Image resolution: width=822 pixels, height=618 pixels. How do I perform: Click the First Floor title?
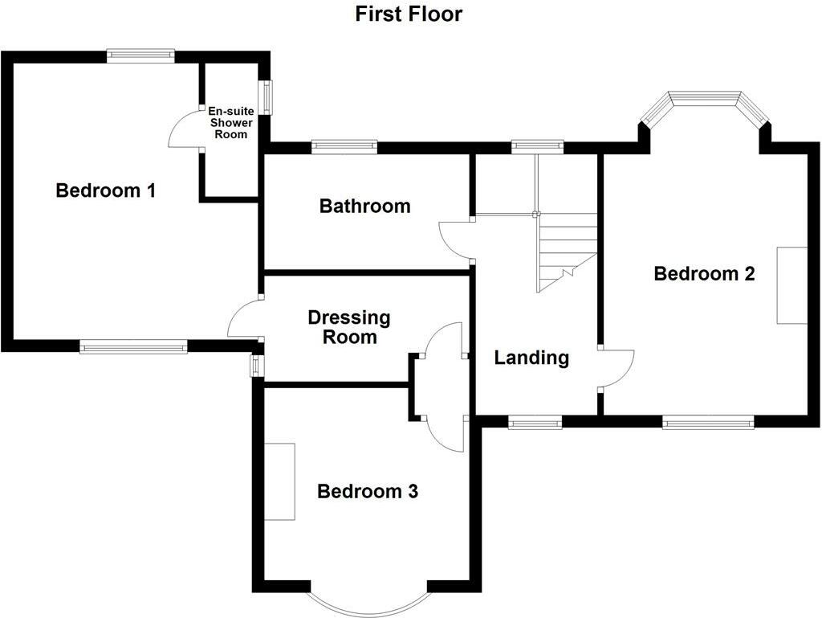point(409,14)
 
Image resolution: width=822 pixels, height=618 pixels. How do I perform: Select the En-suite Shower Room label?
point(231,123)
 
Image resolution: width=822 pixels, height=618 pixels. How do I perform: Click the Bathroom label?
point(364,206)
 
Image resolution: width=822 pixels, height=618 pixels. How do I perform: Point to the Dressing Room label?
point(349,327)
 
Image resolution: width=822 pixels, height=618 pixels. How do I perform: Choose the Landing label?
point(531,358)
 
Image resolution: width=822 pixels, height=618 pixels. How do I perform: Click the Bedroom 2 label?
point(704,273)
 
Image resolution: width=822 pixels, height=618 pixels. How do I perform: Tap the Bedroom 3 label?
point(368,491)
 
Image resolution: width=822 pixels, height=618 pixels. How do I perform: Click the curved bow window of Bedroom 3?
point(369,604)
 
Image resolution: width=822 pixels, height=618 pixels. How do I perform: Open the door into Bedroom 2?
point(616,369)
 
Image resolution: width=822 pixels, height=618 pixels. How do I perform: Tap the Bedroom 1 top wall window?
point(141,55)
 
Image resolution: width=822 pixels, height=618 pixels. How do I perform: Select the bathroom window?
point(344,146)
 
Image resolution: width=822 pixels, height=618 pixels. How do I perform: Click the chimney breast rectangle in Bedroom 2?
point(791,284)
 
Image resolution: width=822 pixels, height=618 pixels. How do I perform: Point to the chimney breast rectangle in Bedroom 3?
point(280,481)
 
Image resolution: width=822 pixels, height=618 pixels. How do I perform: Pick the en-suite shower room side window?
point(264,96)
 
